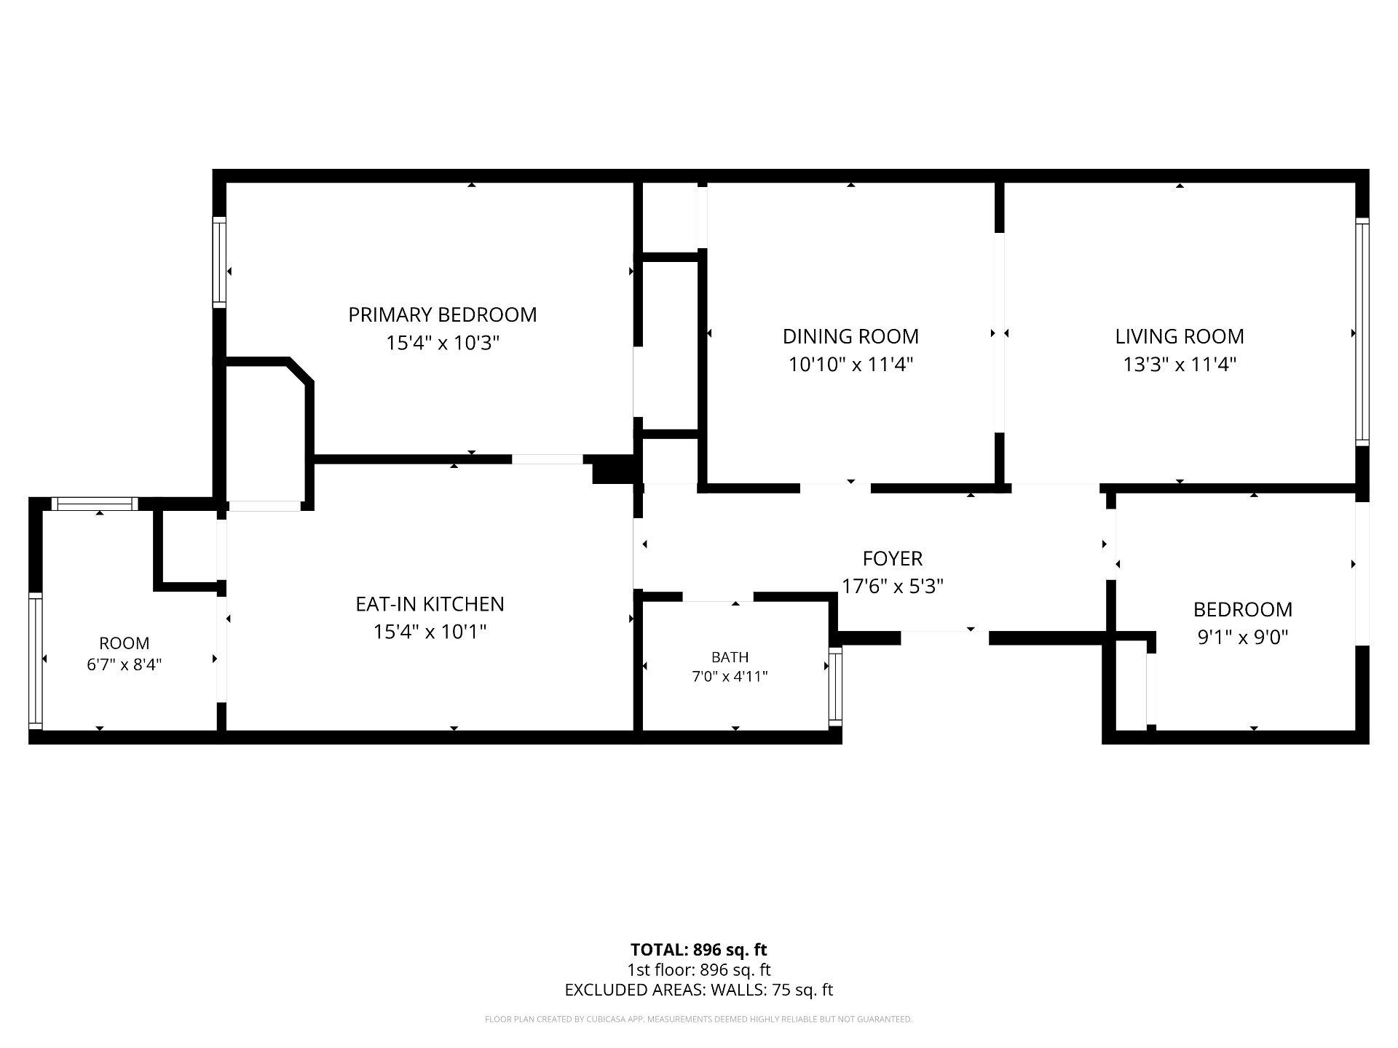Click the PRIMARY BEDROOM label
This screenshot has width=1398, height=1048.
(442, 315)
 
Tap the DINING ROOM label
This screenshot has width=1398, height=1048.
(850, 336)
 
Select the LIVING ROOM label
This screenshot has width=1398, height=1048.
(1180, 336)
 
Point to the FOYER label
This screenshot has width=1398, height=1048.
(893, 559)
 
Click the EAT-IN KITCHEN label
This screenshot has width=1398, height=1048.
(430, 604)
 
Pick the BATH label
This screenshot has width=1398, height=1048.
(730, 657)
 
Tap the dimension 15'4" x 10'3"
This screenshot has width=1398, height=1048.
(442, 343)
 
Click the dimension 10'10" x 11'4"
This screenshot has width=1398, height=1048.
(850, 364)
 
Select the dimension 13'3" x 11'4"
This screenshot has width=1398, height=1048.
(1180, 364)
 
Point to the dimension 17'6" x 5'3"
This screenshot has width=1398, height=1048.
(893, 587)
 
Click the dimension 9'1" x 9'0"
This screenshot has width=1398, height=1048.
(1243, 638)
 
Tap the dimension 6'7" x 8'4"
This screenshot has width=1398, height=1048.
(125, 664)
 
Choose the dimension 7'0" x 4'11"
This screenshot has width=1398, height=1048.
(730, 677)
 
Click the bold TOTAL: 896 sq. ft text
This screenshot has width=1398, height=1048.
(698, 950)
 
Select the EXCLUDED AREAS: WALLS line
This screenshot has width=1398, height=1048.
(698, 990)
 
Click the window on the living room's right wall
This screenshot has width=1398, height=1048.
(1362, 331)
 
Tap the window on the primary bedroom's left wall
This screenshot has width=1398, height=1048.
(219, 262)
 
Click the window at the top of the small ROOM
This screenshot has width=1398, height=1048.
(95, 504)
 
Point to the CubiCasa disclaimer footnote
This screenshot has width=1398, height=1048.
(698, 1020)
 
